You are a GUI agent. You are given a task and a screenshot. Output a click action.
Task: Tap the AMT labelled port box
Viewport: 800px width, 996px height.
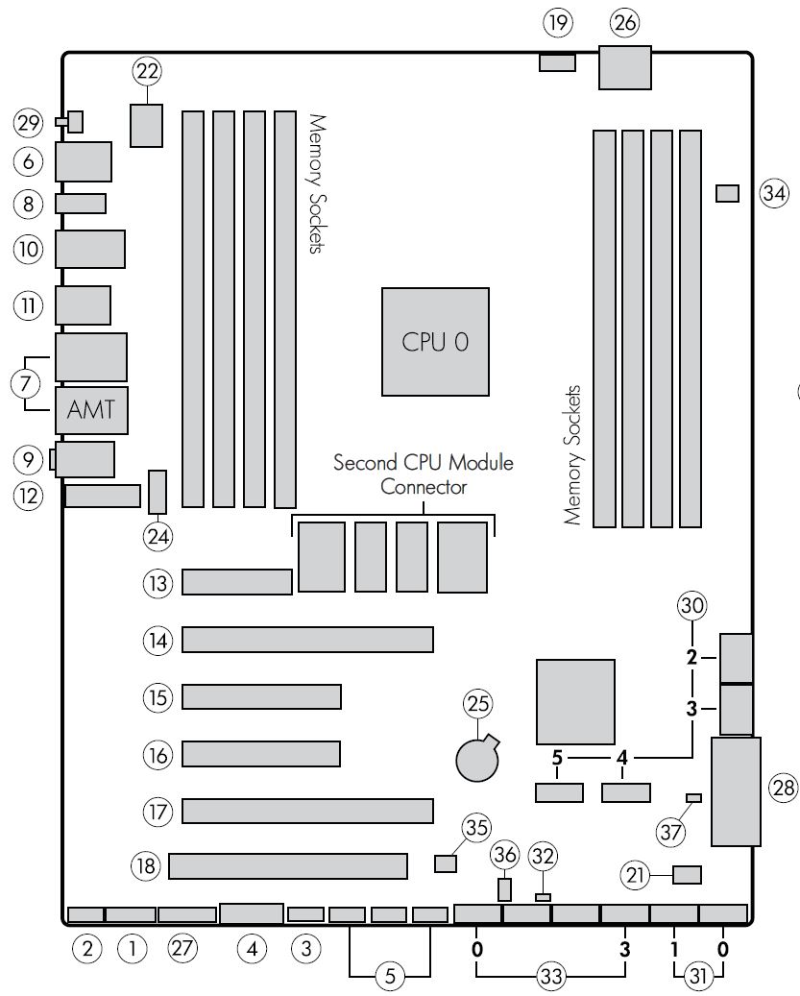(91, 409)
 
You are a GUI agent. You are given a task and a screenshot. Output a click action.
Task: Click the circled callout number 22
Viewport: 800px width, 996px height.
(147, 70)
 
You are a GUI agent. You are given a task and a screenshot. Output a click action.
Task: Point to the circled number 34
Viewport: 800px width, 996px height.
(773, 193)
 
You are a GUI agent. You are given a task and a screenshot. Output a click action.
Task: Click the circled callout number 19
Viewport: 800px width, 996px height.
(556, 20)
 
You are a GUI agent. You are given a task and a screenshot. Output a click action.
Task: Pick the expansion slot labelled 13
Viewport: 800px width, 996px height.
(237, 581)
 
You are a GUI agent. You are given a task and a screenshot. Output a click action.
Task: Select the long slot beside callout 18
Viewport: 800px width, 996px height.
(288, 866)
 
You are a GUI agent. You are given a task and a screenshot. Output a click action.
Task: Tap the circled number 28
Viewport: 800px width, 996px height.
(783, 789)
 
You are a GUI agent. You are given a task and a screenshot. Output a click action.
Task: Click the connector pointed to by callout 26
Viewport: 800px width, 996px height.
(625, 67)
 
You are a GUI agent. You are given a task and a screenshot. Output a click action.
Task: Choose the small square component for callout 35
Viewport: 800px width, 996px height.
(445, 863)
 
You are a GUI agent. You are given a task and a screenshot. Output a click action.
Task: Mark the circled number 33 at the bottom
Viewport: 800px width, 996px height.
(551, 977)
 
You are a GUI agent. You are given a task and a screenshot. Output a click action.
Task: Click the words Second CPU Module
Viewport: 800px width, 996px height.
(423, 462)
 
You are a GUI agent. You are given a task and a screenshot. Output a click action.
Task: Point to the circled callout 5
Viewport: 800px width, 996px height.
(390, 977)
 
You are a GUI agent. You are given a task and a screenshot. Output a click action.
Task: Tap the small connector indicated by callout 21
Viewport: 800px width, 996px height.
(688, 874)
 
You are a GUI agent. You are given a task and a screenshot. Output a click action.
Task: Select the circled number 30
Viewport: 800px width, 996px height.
(691, 605)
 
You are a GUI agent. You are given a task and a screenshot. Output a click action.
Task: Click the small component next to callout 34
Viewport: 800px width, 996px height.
(727, 193)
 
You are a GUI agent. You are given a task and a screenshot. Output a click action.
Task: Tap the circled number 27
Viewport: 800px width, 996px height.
(182, 949)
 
